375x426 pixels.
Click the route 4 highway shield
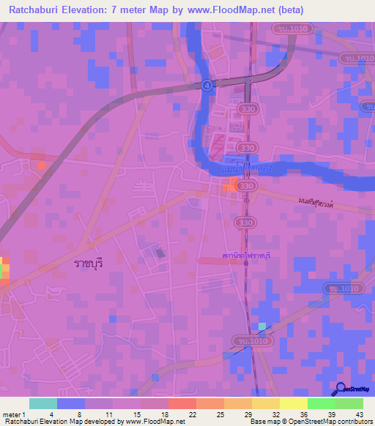click(x=209, y=85)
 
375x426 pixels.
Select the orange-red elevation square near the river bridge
click(x=231, y=186)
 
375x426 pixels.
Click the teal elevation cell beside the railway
click(x=262, y=326)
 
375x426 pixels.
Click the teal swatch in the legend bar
click(x=43, y=403)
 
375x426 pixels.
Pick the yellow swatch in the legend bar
click(x=293, y=403)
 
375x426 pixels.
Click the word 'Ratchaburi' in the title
click(x=36, y=10)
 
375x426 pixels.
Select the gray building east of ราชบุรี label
click(x=160, y=253)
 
